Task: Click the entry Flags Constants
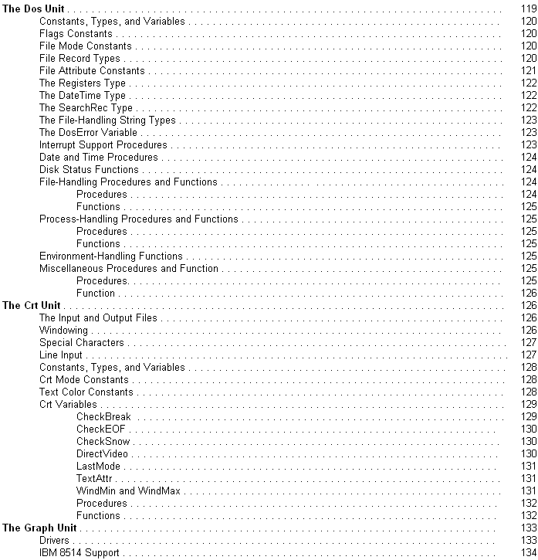(75, 33)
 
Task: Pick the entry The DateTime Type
(82, 95)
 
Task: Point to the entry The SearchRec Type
(86, 107)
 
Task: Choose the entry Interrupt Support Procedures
(103, 144)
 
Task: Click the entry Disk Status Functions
(89, 169)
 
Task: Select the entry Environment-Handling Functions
(111, 256)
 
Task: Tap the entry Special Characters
(81, 342)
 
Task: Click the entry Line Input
(61, 355)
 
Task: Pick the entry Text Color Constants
(85, 392)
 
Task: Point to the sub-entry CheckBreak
(103, 416)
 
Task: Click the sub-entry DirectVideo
(102, 453)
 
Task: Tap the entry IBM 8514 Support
(79, 552)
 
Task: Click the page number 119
(528, 8)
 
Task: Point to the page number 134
(528, 552)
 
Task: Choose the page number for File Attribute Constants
(528, 70)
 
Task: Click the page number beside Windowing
(528, 330)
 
